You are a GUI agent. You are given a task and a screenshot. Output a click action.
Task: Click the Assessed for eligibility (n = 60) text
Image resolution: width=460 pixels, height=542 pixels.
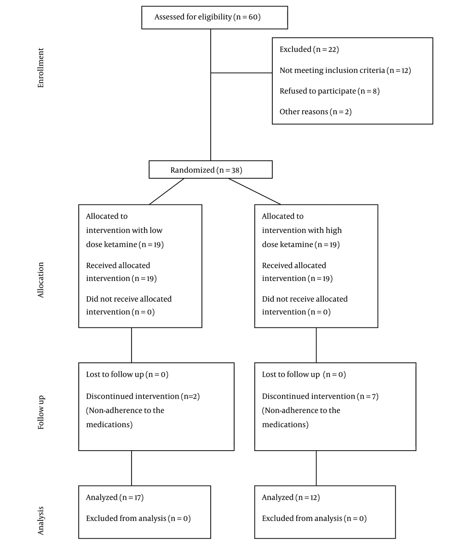click(207, 17)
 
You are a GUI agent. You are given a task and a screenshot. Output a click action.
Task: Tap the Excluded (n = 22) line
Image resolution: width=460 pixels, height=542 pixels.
click(309, 50)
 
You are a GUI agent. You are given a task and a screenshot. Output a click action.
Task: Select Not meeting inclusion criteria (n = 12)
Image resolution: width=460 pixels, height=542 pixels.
click(345, 71)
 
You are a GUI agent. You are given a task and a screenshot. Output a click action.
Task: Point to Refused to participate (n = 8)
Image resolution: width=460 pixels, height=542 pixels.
click(329, 91)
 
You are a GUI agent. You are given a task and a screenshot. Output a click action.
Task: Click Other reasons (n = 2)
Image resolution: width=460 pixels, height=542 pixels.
click(315, 112)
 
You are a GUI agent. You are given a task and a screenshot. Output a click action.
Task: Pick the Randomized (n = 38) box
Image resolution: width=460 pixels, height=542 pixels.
click(210, 169)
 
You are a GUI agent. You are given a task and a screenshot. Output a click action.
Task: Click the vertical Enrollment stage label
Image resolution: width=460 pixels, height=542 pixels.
click(41, 68)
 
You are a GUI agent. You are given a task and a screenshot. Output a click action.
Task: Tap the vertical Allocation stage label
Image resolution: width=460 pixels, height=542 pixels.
click(41, 280)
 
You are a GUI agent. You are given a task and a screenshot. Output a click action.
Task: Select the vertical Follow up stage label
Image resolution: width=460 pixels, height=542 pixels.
click(41, 412)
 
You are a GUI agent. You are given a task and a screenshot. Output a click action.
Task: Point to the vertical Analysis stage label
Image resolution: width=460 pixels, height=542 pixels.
click(41, 520)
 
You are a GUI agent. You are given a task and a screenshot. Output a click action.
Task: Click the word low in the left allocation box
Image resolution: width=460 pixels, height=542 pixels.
click(156, 230)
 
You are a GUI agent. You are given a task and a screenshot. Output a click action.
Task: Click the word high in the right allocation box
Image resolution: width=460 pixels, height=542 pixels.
click(333, 231)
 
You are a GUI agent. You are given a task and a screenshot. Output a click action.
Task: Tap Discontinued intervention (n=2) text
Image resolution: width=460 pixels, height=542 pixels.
click(143, 396)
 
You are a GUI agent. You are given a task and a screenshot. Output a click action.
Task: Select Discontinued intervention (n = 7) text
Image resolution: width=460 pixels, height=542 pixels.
click(320, 396)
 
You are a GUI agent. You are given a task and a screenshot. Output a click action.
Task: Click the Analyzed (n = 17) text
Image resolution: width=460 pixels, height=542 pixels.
click(115, 497)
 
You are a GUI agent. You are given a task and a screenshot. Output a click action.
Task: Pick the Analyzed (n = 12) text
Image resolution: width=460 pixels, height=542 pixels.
click(291, 497)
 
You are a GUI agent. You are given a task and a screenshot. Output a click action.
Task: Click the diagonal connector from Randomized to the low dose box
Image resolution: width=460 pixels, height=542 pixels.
click(167, 192)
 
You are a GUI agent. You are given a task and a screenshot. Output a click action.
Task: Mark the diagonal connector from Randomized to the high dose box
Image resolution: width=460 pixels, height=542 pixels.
click(254, 192)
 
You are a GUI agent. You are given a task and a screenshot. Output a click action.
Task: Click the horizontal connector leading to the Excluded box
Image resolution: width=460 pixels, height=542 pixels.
click(241, 73)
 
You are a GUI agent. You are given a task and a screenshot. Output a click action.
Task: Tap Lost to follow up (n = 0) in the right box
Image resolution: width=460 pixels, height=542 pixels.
click(304, 374)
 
